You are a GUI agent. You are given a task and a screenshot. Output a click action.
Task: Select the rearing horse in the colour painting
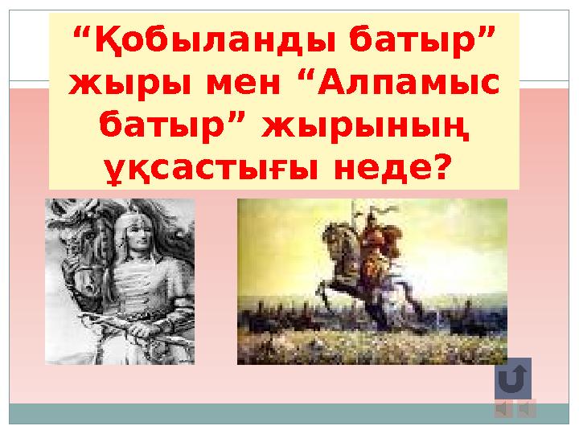pos(346,269)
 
